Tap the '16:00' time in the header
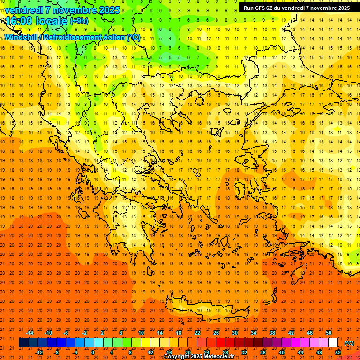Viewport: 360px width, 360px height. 19,21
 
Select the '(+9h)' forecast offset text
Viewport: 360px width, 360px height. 78,21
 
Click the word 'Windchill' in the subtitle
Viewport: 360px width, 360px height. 22,37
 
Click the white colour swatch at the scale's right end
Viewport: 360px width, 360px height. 333,343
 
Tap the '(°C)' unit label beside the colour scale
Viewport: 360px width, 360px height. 349,343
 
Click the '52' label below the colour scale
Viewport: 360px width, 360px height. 338,352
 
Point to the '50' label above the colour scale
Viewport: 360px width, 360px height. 329,333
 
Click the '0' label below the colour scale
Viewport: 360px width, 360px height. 93,352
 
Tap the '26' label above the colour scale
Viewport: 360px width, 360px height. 216,333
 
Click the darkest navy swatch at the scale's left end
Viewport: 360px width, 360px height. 23,343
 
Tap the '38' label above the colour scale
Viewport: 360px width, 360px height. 272,333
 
